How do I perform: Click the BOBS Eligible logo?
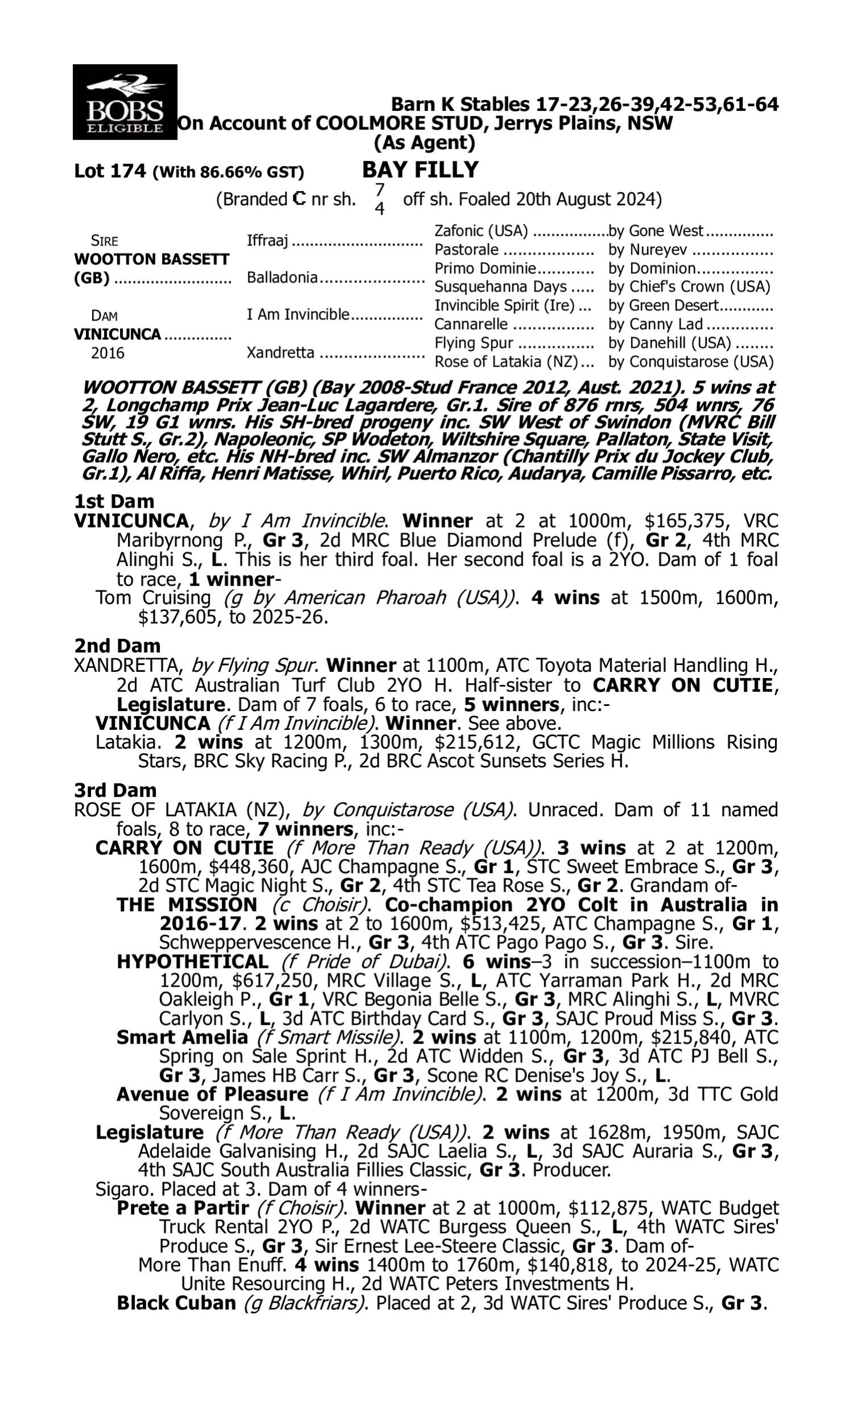tap(125, 102)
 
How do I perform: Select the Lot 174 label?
tap(110, 171)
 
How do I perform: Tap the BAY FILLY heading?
tap(420, 170)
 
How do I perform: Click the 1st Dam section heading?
tap(114, 501)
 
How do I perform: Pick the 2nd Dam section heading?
tap(117, 646)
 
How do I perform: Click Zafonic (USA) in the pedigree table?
tap(481, 231)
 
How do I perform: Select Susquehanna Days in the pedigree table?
tap(500, 286)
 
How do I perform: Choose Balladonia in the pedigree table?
tap(281, 277)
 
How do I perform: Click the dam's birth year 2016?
tap(107, 352)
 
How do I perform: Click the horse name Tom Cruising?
tap(154, 598)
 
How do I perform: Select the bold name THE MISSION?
tap(187, 905)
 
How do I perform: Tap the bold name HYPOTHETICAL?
tap(193, 962)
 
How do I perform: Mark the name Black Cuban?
tap(176, 1303)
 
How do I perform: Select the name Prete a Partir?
tap(183, 1208)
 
